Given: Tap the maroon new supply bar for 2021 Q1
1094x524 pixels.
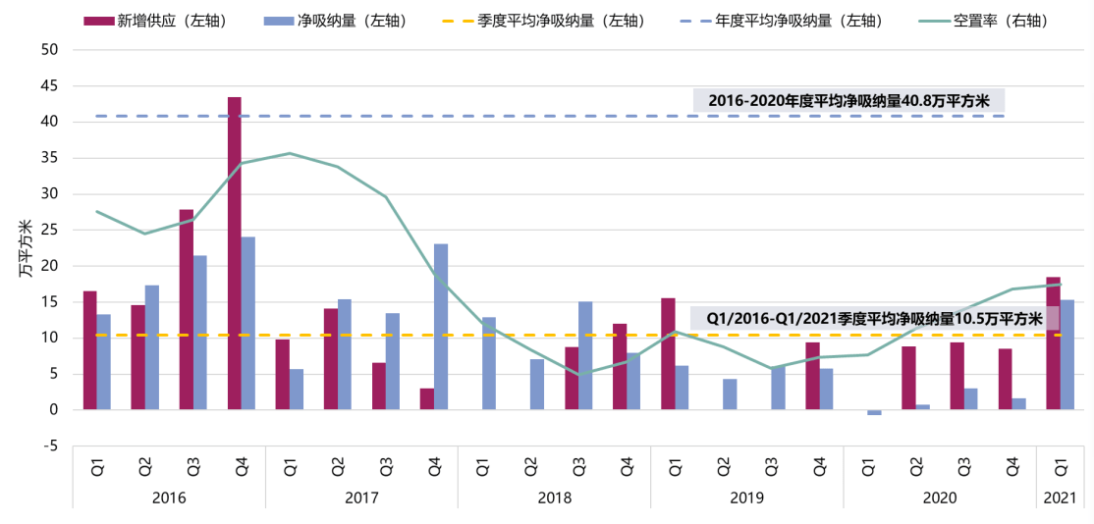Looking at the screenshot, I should [1053, 343].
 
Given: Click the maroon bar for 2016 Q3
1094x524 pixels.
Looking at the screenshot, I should [187, 309].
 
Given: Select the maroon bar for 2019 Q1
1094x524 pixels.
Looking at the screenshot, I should [668, 353].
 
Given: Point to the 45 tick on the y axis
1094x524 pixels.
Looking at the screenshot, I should [49, 86].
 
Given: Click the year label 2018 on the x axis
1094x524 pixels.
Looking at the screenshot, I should [554, 498].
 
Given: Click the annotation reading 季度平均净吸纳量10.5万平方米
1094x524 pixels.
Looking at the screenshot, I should [874, 318].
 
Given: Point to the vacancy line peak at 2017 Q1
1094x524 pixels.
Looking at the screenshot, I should [290, 153].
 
